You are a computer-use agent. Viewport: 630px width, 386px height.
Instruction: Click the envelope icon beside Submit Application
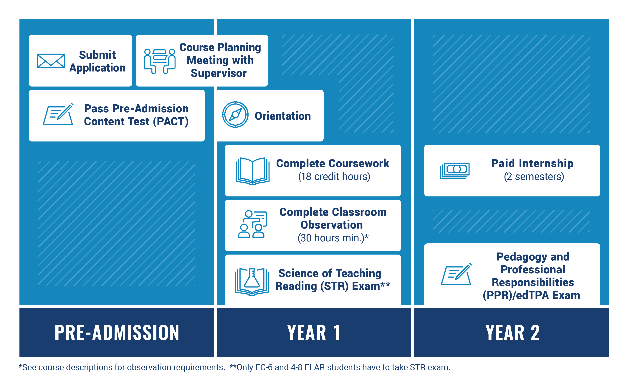[x=51, y=61]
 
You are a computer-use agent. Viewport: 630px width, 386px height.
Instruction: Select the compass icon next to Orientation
[x=235, y=115]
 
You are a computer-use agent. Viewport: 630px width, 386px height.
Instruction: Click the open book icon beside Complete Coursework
[x=252, y=171]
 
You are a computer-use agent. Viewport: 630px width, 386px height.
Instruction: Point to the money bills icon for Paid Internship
[x=455, y=170]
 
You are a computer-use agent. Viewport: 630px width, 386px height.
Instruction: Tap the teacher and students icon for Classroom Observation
[x=252, y=224]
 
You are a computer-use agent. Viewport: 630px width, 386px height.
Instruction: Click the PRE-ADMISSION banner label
[x=117, y=333]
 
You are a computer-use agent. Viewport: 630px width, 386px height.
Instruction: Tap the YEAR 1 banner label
[x=314, y=333]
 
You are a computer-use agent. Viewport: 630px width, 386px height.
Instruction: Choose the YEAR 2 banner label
[x=512, y=333]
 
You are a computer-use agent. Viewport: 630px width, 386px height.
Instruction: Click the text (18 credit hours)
[x=334, y=177]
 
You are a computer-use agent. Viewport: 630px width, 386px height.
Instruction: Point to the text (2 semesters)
[x=534, y=177]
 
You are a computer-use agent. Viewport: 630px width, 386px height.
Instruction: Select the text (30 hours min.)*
[x=333, y=238]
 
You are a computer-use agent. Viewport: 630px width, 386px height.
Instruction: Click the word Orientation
[x=282, y=116]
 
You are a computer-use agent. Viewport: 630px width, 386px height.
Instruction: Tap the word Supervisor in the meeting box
[x=219, y=73]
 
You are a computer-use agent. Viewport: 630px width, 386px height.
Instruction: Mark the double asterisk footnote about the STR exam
[x=340, y=367]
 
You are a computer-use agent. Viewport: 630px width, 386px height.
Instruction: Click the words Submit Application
[x=97, y=61]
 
